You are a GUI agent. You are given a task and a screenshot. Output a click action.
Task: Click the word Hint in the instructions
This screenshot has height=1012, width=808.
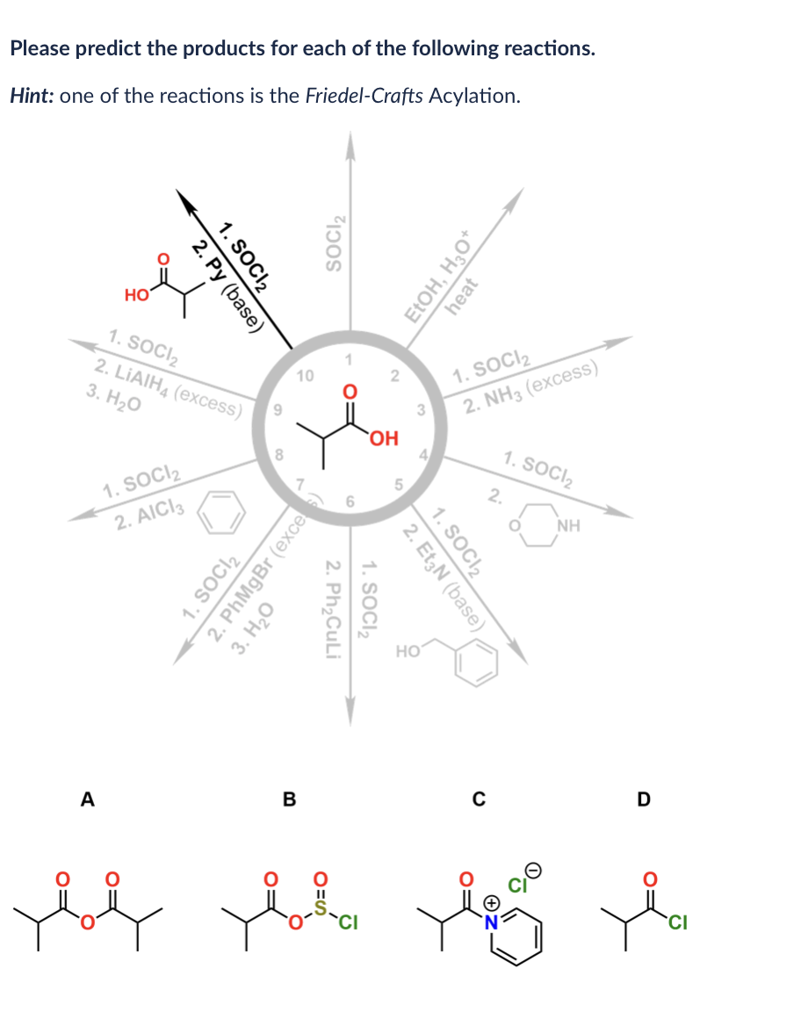click(x=31, y=95)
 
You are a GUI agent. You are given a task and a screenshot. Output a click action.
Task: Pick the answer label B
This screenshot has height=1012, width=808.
click(x=289, y=799)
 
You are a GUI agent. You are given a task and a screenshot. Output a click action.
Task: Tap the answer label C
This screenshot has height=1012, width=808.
click(x=479, y=799)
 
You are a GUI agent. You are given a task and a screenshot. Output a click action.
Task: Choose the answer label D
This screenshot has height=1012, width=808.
click(x=644, y=799)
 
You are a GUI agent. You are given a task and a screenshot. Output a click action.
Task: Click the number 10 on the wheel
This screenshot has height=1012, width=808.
click(x=306, y=376)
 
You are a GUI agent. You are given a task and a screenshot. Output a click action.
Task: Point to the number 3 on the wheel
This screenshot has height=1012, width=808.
click(x=422, y=408)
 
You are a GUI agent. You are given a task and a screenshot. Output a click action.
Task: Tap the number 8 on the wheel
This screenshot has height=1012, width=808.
click(x=279, y=454)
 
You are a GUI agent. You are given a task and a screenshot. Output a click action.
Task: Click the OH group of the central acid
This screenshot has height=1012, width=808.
click(x=384, y=437)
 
